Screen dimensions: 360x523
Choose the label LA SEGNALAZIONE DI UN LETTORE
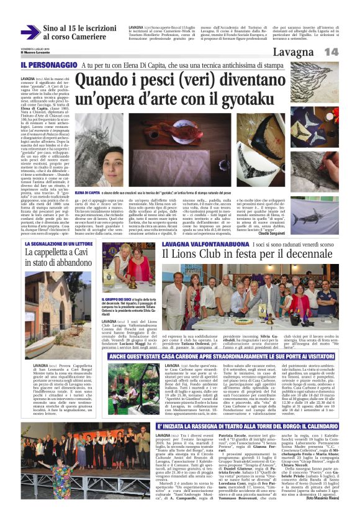[57, 244]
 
